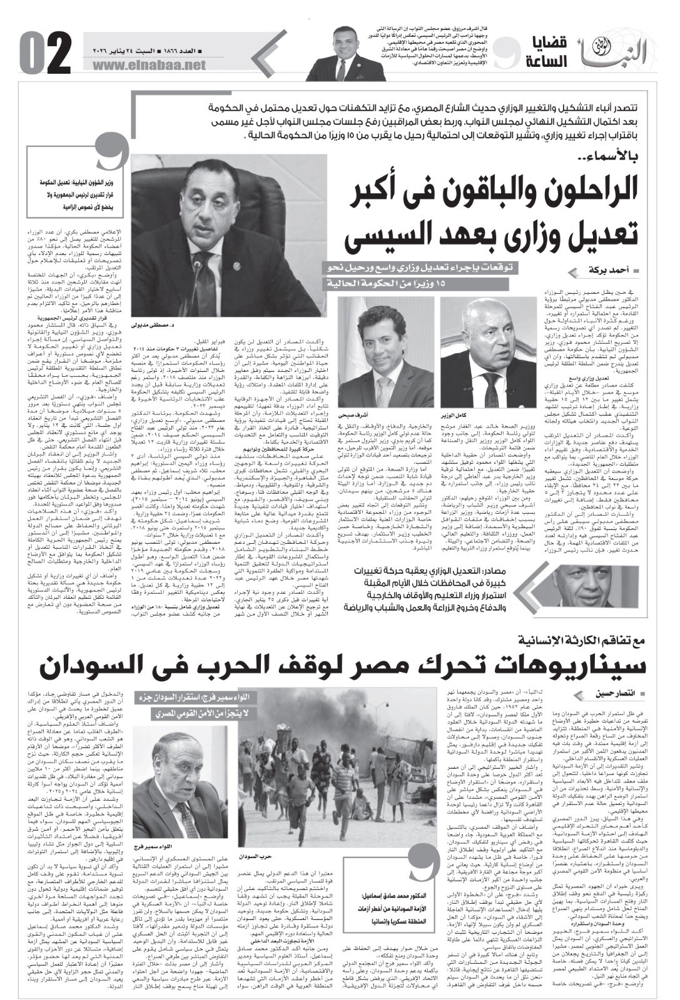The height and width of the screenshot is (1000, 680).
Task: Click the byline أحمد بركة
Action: point(594,270)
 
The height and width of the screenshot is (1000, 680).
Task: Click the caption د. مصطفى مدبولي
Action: point(149,326)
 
